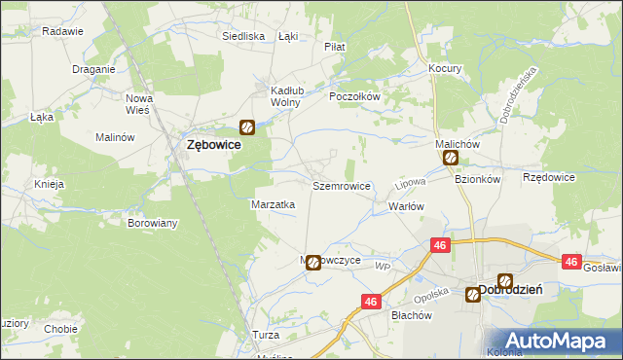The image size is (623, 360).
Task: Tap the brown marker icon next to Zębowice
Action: [248, 126]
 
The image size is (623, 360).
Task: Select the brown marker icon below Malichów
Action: [451, 158]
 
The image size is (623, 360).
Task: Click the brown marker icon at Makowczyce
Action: [313, 262]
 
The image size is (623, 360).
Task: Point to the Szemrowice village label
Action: [342, 185]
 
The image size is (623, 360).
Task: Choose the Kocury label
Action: [445, 68]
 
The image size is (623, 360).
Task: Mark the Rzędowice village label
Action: [550, 178]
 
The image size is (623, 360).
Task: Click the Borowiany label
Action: [153, 223]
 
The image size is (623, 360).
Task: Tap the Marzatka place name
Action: [274, 204]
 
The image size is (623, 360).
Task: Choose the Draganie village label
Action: [94, 69]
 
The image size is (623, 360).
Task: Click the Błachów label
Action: [411, 315]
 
